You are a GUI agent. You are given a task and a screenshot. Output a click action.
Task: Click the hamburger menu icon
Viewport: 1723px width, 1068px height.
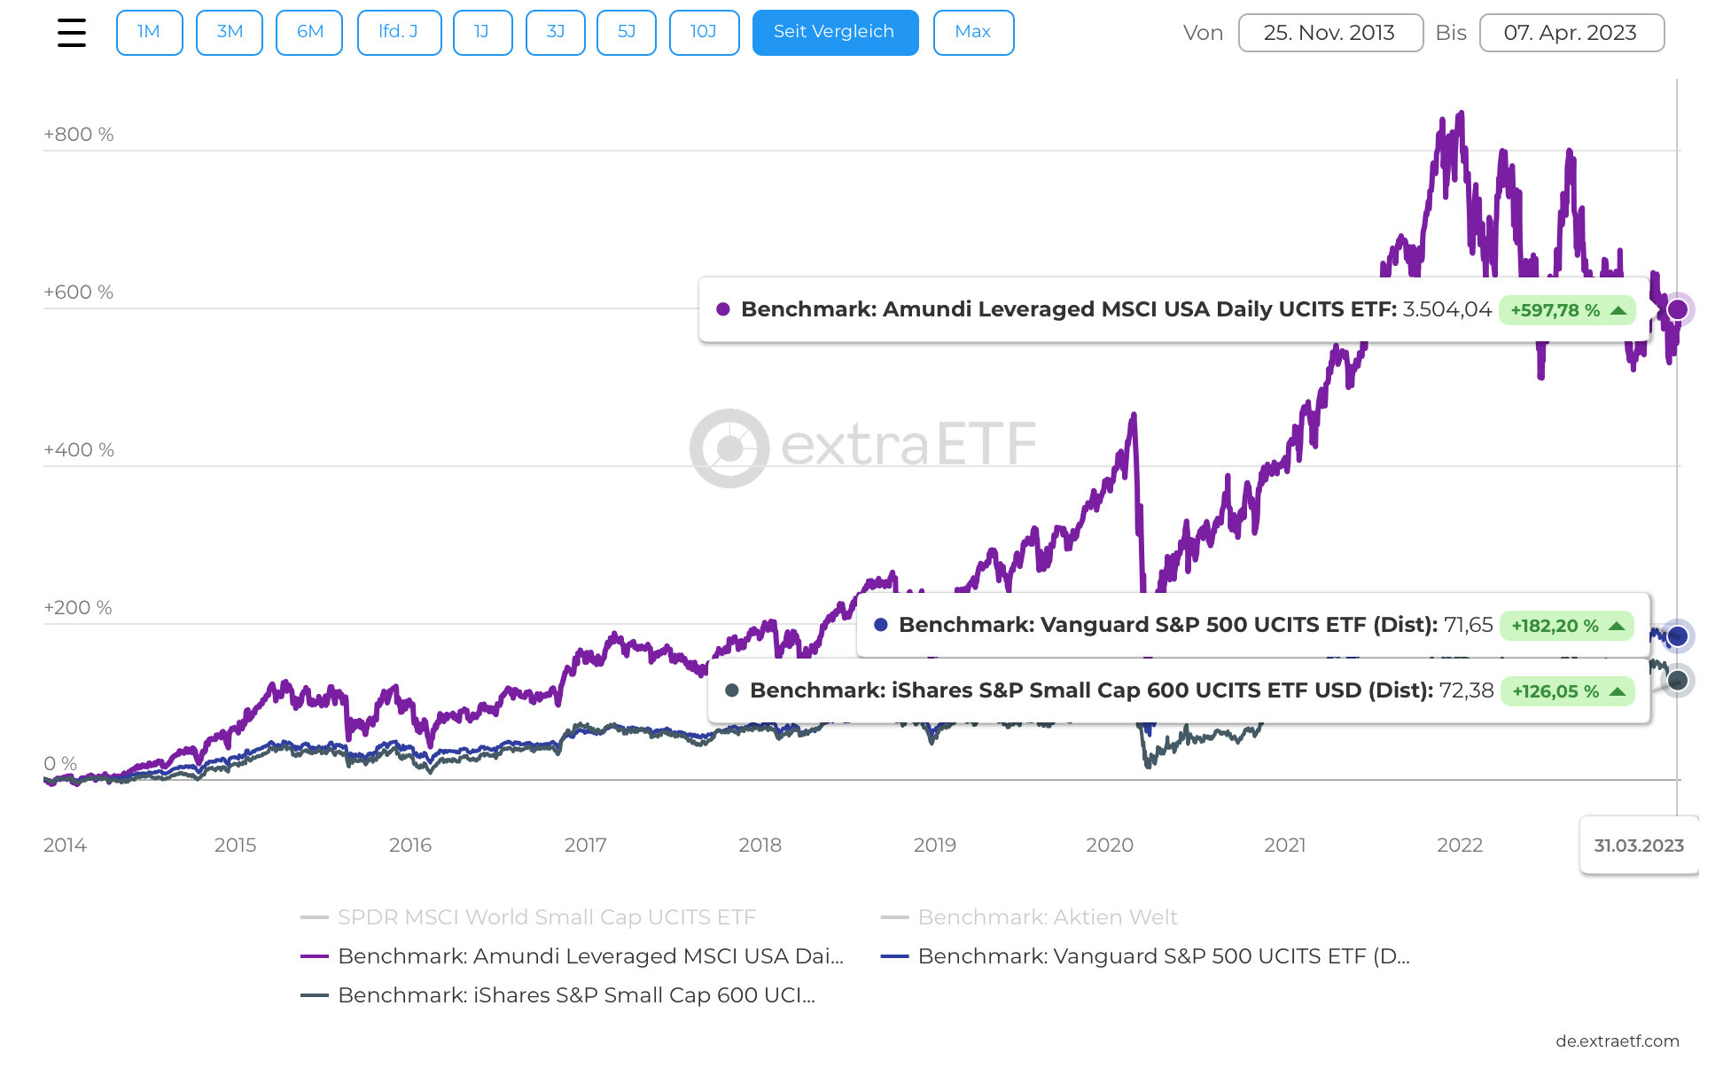pyautogui.click(x=72, y=33)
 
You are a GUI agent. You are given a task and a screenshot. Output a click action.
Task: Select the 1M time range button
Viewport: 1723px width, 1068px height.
pyautogui.click(x=149, y=33)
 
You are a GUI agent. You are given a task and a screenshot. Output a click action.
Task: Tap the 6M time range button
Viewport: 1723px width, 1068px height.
pyautogui.click(x=309, y=33)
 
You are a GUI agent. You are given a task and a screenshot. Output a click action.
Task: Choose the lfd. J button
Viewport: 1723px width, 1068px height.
pyautogui.click(x=399, y=33)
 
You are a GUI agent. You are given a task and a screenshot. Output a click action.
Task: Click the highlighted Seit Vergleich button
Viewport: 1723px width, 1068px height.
pyautogui.click(x=835, y=33)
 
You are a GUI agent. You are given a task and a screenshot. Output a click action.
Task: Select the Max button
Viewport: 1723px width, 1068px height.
pyautogui.click(x=973, y=33)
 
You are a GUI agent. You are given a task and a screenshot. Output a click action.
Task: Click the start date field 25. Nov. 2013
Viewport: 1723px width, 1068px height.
pyautogui.click(x=1329, y=33)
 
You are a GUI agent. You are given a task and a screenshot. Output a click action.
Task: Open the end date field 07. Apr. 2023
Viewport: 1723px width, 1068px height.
pyautogui.click(x=1571, y=33)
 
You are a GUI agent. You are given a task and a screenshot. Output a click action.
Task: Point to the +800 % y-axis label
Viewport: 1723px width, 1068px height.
pyautogui.click(x=79, y=135)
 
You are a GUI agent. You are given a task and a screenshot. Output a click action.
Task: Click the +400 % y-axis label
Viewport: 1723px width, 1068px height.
pyautogui.click(x=79, y=450)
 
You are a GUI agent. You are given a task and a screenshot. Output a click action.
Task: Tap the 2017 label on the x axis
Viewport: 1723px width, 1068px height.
pyautogui.click(x=585, y=846)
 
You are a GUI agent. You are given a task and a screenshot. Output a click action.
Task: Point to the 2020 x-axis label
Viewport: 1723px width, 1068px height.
pyautogui.click(x=1110, y=846)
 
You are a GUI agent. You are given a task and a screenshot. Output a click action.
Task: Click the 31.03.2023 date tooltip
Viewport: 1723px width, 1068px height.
pyautogui.click(x=1639, y=846)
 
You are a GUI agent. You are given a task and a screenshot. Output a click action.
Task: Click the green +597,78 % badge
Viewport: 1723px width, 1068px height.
pyautogui.click(x=1566, y=310)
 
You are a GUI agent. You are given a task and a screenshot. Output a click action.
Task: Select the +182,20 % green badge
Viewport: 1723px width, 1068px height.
pyautogui.click(x=1566, y=626)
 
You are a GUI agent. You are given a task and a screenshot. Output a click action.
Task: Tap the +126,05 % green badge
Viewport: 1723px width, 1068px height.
pyautogui.click(x=1566, y=691)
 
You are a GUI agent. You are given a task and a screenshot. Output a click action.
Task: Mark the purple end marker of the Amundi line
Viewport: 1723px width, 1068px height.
pyautogui.click(x=1677, y=309)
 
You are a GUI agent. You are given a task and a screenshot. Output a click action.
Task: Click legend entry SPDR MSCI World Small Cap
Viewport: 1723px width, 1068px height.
pyautogui.click(x=546, y=917)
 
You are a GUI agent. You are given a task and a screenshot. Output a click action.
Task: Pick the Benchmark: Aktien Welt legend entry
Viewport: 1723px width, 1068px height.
pyautogui.click(x=1048, y=917)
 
